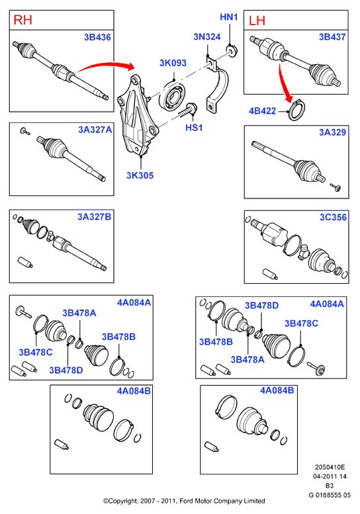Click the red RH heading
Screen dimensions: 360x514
coord(22,20)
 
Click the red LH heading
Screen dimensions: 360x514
coord(257,21)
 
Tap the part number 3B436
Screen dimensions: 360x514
coord(97,37)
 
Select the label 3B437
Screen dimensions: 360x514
coord(332,37)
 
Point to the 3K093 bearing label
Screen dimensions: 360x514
coord(173,63)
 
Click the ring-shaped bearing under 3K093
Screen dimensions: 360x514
coord(173,96)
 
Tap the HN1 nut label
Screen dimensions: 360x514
coord(228,17)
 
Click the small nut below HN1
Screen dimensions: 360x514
coord(232,50)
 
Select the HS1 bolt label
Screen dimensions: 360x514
coord(194,128)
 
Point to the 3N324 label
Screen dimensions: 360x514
coord(207,37)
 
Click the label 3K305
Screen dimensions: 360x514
coord(140,175)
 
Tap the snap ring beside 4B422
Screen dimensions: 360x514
coord(296,110)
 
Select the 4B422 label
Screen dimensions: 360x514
coord(262,110)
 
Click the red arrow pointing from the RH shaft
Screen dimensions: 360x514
coord(106,65)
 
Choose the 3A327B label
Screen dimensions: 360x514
coord(95,217)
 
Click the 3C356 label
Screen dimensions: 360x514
coord(333,217)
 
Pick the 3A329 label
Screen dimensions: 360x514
coord(332,132)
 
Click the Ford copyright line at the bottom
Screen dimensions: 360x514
coord(184,501)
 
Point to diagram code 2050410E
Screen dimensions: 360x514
coord(330,467)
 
